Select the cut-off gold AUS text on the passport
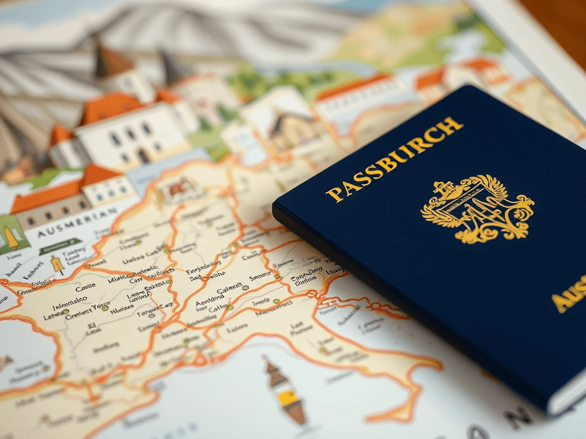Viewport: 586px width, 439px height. (570, 294)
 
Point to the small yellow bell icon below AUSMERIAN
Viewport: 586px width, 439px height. (57, 265)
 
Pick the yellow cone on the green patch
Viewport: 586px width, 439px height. (11, 237)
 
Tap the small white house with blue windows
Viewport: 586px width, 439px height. (109, 189)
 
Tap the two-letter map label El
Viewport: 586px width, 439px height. (91, 328)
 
